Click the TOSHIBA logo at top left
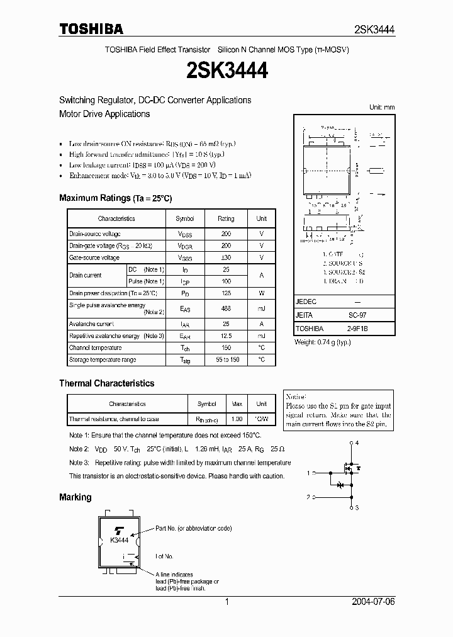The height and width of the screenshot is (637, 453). click(x=91, y=29)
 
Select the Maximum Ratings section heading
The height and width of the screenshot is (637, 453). click(x=115, y=198)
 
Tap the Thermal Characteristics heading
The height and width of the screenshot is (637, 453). click(x=106, y=383)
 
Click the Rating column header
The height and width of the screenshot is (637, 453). click(x=226, y=218)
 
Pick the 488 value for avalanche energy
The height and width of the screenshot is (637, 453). click(x=226, y=308)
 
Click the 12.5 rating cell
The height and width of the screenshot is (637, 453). click(x=226, y=336)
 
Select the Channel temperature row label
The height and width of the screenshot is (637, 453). click(x=96, y=347)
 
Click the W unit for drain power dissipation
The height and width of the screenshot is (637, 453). click(x=261, y=293)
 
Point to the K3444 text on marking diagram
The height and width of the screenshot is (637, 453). click(x=119, y=540)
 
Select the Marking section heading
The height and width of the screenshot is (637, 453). click(x=75, y=497)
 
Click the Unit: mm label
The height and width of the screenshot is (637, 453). click(x=382, y=107)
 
